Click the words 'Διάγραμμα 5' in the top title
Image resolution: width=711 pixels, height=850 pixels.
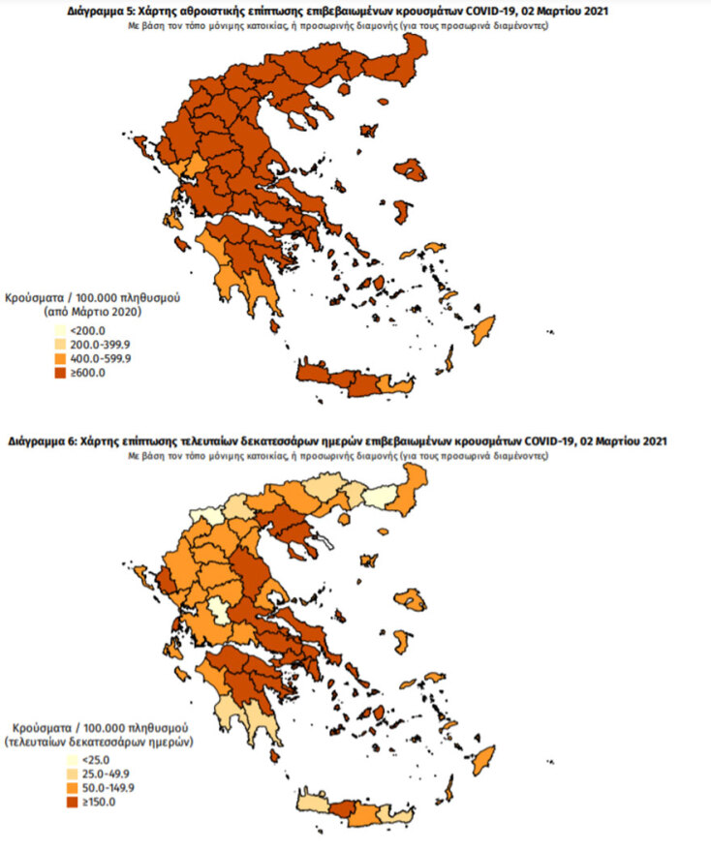tap(101, 11)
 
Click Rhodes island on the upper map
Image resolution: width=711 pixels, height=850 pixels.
tap(483, 325)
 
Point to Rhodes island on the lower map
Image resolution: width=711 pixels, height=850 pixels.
tap(483, 756)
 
